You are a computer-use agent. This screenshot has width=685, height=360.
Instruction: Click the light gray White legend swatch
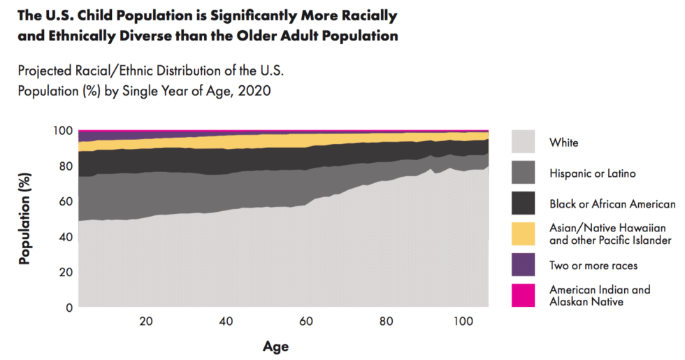pos(524,142)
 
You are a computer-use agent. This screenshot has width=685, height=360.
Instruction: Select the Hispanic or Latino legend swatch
pos(524,173)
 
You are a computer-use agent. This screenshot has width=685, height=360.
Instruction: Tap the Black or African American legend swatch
pos(524,203)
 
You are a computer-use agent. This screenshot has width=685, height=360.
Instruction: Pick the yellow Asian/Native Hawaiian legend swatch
pos(524,234)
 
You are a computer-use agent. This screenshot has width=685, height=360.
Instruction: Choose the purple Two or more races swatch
pos(524,265)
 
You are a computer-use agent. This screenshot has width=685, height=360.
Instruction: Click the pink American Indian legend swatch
pos(524,295)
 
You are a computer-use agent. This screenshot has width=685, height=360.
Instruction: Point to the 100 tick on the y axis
pos(63,131)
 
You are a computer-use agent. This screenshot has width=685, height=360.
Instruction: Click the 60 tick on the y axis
pos(65,202)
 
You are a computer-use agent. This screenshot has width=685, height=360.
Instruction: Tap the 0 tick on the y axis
pos(68,307)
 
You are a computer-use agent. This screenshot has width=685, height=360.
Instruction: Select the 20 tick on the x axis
pos(146,322)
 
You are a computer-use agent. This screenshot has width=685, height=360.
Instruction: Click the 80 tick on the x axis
pos(384,322)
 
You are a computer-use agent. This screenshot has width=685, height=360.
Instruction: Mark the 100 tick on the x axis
pos(463,322)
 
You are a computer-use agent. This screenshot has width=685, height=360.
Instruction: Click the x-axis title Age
pos(275,346)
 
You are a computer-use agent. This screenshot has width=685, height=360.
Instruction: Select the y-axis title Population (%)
pos(24,219)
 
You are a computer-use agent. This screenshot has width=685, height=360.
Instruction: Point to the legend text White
pos(563,143)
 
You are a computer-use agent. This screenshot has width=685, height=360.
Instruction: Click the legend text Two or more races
pos(593,265)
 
